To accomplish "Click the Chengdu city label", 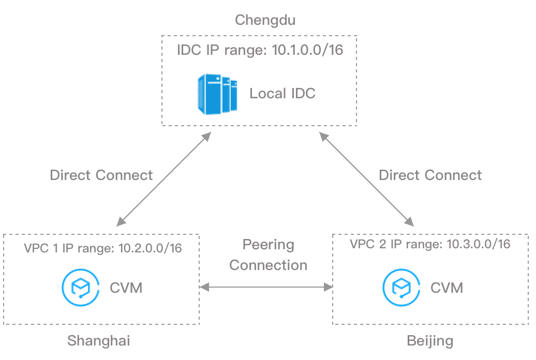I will point(268,20).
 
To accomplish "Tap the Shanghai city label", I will point(98,341).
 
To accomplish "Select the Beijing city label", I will point(430,341).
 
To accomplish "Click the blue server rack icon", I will point(216,94).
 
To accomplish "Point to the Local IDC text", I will point(282,94).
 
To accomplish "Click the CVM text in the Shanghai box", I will point(126,287).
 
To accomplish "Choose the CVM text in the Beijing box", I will point(446,287).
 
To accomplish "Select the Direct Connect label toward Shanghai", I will point(101,175).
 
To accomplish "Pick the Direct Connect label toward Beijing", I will point(430,175).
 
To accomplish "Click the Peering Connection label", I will point(268,254).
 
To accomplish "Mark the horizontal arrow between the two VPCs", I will point(266,286).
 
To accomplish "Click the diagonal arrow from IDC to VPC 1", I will point(163,179).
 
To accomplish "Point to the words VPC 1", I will point(41,248).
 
